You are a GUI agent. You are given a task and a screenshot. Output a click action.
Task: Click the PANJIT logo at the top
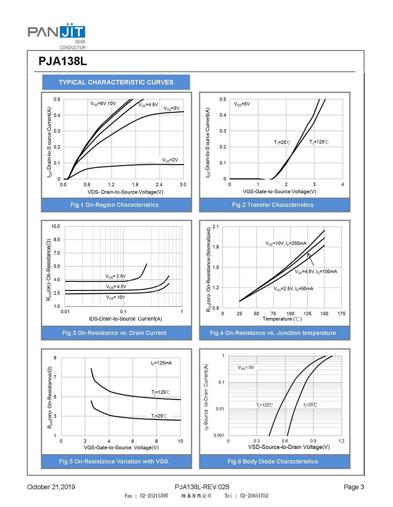click(x=57, y=33)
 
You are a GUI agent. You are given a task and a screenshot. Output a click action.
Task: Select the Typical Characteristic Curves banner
click(x=116, y=82)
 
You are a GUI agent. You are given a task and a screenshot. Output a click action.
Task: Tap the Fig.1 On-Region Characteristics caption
click(x=114, y=205)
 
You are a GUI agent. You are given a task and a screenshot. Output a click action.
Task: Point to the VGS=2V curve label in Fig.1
click(x=170, y=160)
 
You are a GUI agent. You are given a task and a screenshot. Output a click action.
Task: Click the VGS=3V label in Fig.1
click(x=172, y=109)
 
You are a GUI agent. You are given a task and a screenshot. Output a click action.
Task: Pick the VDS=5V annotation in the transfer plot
click(x=242, y=104)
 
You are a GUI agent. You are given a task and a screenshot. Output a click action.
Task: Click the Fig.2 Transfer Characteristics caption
click(x=273, y=205)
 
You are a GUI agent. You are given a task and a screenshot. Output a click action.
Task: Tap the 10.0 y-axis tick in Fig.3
click(x=55, y=226)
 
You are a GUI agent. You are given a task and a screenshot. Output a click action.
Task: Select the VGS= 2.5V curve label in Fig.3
click(x=116, y=276)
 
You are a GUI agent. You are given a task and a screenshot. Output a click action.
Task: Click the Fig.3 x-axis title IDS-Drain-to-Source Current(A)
click(x=126, y=319)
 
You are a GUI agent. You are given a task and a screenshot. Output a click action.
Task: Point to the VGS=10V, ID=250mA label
click(x=286, y=243)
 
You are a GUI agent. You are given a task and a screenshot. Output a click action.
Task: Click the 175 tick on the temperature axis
click(x=341, y=314)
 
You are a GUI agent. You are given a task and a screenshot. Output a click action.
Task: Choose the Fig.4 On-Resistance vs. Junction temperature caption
click(x=273, y=333)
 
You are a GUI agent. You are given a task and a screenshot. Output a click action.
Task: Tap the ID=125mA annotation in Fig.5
click(x=161, y=362)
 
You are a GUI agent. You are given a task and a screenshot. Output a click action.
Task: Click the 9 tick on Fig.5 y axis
click(x=55, y=358)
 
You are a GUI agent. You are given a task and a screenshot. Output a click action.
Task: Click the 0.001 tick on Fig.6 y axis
click(x=218, y=435)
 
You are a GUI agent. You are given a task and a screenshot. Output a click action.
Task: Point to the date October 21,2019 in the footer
click(x=51, y=487)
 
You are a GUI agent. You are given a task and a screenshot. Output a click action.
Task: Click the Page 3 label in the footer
click(x=354, y=487)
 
